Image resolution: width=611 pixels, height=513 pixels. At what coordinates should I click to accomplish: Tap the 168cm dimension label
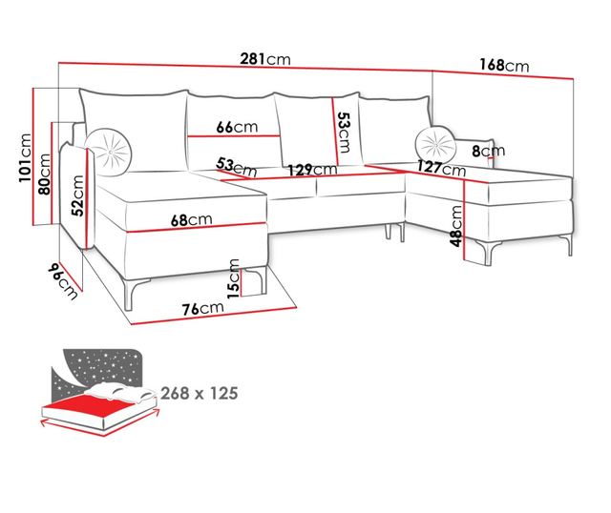[x=503, y=65]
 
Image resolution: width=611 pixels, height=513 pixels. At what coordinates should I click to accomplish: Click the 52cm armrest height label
[x=79, y=202]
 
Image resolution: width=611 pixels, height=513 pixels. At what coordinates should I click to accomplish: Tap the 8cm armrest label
[x=493, y=151]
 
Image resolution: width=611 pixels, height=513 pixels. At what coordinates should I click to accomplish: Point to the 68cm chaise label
[x=192, y=219]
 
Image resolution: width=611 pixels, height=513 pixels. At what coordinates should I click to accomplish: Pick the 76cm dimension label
[x=203, y=307]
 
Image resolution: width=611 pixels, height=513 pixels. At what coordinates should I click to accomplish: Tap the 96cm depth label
[x=63, y=280]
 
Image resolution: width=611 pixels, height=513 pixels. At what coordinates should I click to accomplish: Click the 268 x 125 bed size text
[x=199, y=392]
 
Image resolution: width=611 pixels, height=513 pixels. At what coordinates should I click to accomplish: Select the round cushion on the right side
[x=436, y=144]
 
